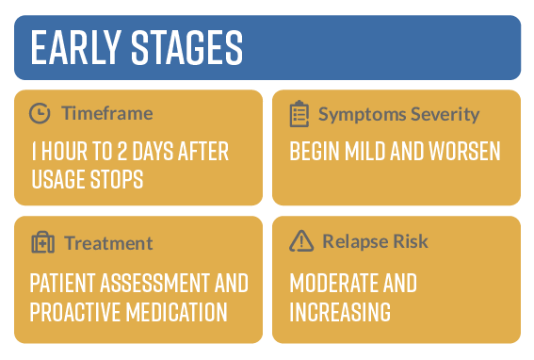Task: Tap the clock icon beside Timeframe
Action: click(x=40, y=114)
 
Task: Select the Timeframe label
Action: click(x=106, y=114)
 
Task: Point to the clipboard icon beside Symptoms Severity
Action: click(x=299, y=114)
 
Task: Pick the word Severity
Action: click(x=442, y=114)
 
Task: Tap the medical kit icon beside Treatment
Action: click(x=42, y=242)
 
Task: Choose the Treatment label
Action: click(x=108, y=242)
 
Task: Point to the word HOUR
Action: click(x=71, y=152)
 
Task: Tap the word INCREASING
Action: click(x=339, y=311)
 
